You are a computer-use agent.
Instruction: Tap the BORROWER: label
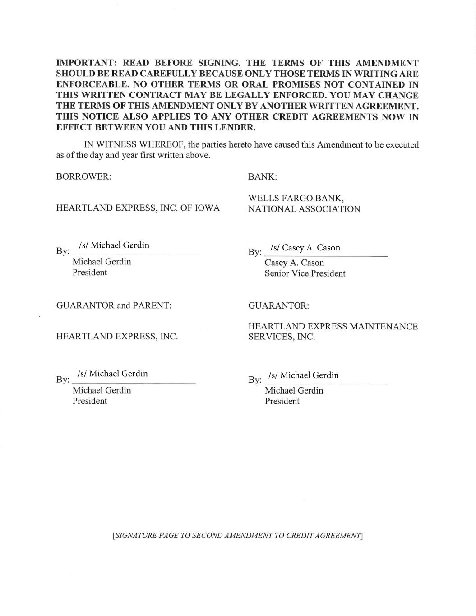tap(83, 176)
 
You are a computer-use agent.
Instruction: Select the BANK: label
tap(262, 176)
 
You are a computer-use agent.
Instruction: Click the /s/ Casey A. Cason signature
tap(305, 248)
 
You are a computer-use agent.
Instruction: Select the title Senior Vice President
tap(305, 273)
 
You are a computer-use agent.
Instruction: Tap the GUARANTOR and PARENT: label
tap(114, 306)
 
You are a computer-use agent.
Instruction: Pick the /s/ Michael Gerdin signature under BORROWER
tap(114, 245)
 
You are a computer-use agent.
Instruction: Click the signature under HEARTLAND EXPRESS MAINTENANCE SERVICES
tap(303, 375)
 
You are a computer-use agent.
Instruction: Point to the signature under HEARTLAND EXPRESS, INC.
tap(113, 374)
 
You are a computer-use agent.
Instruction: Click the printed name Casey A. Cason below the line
tap(294, 263)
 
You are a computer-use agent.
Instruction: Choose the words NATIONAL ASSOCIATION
tap(304, 209)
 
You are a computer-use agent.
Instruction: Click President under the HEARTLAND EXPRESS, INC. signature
tap(90, 401)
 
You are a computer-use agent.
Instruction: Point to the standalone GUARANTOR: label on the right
tap(278, 306)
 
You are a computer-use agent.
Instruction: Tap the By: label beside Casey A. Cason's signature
tap(254, 252)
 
